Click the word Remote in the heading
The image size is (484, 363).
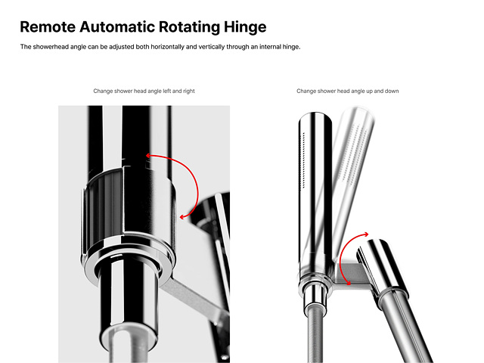pos(48,26)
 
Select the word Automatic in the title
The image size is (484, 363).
pos(117,26)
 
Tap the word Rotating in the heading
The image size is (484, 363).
pos(189,27)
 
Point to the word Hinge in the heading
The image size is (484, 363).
pos(245,27)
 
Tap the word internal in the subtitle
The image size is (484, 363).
pos(270,47)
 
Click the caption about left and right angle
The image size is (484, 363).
pos(144,91)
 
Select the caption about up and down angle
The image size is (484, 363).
pos(348,91)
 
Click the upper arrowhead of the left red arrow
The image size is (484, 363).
pos(148,155)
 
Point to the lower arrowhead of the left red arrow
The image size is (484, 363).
pos(183,217)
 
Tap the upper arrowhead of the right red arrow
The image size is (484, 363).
pos(366,234)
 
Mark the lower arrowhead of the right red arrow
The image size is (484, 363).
pos(348,282)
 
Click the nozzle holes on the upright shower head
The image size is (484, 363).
pos(302,160)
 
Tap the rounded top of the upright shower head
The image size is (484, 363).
pos(315,116)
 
